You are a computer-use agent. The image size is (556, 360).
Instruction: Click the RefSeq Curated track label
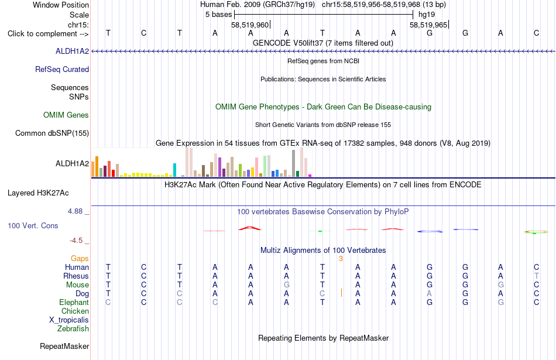point(62,69)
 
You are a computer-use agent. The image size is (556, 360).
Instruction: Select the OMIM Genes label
point(66,115)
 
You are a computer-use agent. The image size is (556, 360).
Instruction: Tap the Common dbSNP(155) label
point(52,133)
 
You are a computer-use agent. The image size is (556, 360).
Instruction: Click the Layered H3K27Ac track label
point(38,193)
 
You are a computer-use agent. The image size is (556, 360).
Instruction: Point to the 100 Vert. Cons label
point(33,225)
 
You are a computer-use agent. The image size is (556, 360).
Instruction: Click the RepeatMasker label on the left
point(64,346)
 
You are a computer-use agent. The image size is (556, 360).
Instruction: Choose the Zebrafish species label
point(73,328)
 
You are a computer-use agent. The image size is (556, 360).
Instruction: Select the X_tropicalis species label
point(69,320)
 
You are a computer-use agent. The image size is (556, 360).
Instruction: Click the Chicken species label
point(75,311)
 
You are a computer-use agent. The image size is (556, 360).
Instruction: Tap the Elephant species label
point(74,302)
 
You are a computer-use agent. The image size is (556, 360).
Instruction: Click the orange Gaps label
point(80,259)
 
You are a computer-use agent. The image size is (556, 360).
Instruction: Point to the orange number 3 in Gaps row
point(341,259)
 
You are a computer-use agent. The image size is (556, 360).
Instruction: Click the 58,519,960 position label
point(250,25)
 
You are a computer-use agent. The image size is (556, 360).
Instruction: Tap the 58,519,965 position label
point(428,25)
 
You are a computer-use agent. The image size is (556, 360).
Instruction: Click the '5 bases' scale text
point(218,15)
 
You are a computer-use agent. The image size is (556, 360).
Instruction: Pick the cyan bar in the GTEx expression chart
point(174,170)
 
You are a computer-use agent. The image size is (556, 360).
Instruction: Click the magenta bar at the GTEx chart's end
point(310,176)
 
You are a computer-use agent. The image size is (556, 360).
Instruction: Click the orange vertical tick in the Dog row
point(341,293)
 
